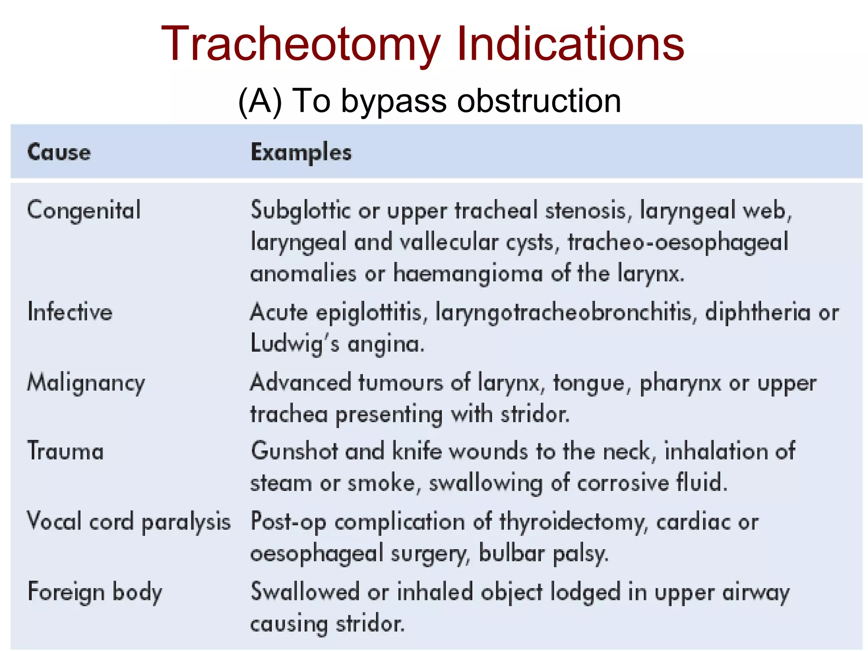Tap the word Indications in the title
[x=570, y=44]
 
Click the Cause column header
[x=59, y=153]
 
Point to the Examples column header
[x=301, y=153]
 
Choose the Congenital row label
[x=84, y=211]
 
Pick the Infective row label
[x=70, y=312]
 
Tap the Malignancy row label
[x=86, y=383]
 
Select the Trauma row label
[x=66, y=451]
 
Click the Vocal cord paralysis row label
[x=129, y=522]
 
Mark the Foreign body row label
[x=95, y=592]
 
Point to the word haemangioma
[x=468, y=273]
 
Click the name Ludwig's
[x=295, y=343]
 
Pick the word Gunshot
[x=294, y=451]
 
